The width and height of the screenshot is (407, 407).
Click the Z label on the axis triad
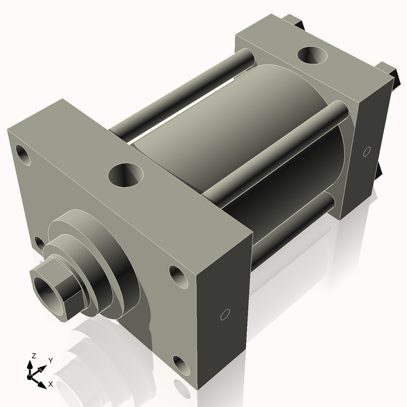33,355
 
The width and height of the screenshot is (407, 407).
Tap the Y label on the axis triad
50,360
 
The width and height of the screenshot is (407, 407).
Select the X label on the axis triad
51,384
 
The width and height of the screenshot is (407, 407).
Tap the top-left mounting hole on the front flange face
23,155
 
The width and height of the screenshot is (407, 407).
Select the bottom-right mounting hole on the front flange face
180,367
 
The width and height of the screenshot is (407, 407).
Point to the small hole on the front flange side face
226,314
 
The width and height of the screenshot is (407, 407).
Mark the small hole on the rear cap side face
367,151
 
